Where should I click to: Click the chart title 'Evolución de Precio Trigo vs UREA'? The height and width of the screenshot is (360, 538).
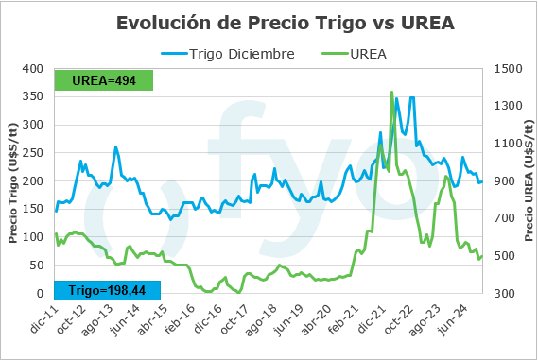click(x=285, y=23)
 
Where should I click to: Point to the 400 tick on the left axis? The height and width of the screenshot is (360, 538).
click(x=33, y=69)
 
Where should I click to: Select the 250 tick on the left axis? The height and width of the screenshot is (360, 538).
click(x=33, y=153)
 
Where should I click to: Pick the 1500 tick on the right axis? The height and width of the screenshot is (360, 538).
click(x=507, y=69)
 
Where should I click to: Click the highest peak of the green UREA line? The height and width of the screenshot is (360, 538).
click(x=391, y=93)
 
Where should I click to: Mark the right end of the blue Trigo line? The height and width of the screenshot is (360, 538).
click(x=481, y=182)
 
